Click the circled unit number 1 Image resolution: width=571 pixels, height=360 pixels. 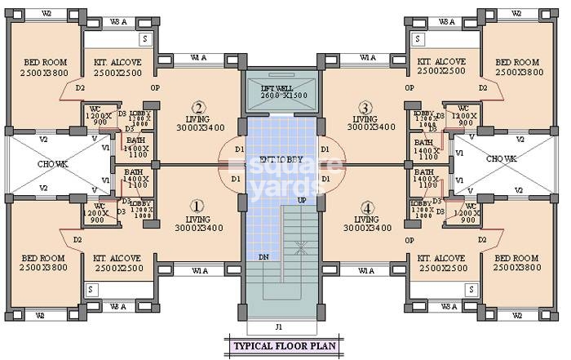[197, 207]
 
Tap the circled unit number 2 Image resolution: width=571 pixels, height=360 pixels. [197, 107]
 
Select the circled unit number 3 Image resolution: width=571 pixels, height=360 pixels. [365, 107]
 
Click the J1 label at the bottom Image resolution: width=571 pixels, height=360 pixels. [279, 327]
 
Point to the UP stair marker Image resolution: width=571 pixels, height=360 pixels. [302, 200]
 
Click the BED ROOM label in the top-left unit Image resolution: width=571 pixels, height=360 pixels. [44, 67]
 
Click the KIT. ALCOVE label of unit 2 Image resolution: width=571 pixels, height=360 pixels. [118, 67]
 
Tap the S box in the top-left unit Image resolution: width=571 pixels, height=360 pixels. [145, 38]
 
